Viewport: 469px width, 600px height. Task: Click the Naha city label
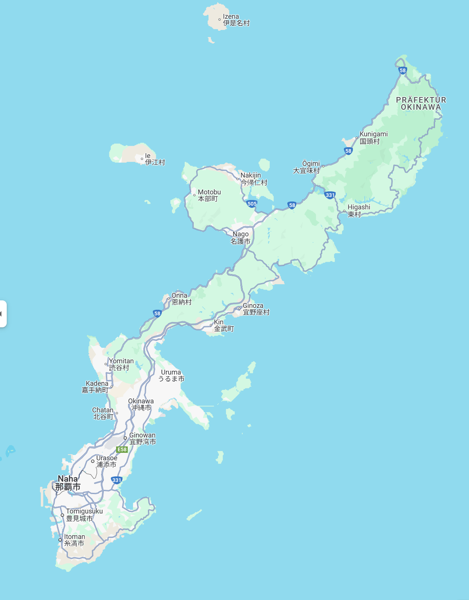click(68, 483)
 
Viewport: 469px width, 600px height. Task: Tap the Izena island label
click(236, 20)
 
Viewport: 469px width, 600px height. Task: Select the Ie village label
click(155, 159)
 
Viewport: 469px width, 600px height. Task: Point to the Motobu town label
click(209, 195)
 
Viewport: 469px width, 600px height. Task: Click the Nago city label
click(240, 238)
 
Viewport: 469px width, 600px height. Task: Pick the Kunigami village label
click(373, 137)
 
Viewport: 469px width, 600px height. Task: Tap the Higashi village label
click(358, 210)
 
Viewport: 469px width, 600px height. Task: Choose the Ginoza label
click(256, 309)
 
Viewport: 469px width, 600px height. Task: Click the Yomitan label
click(121, 364)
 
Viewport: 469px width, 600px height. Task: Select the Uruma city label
click(171, 376)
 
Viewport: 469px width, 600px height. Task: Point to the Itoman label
click(75, 540)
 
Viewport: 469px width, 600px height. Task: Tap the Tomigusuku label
click(84, 515)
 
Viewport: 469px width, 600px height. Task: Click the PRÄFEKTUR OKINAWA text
click(421, 103)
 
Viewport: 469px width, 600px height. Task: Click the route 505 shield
click(252, 204)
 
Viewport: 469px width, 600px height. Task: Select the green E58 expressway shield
click(122, 449)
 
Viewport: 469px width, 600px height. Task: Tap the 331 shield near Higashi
click(330, 195)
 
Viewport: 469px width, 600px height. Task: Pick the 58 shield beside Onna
click(157, 313)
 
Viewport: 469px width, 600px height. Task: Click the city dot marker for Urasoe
click(93, 461)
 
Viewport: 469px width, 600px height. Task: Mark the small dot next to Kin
click(211, 325)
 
